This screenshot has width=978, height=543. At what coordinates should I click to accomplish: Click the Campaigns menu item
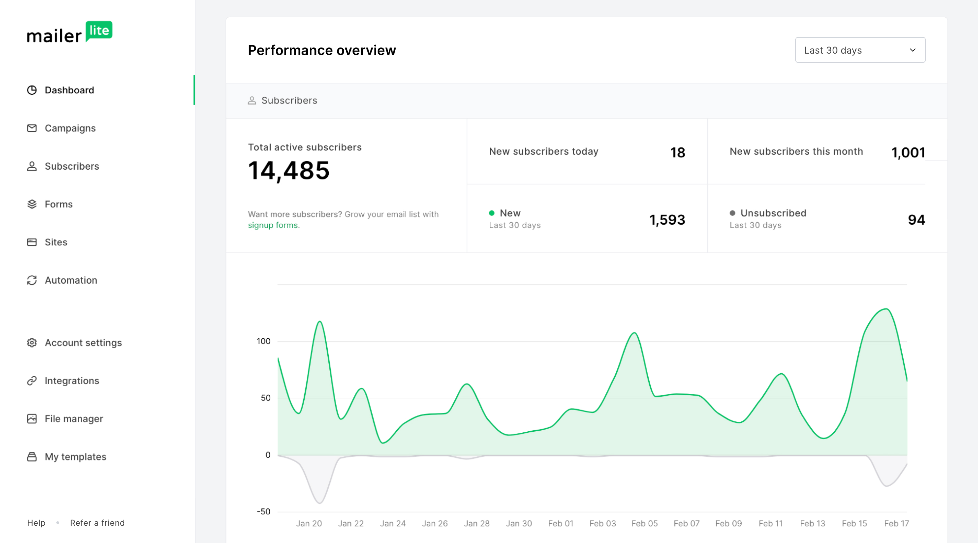tap(70, 128)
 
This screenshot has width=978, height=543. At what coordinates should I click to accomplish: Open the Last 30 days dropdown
tap(859, 50)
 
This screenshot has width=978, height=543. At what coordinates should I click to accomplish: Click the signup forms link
tap(273, 225)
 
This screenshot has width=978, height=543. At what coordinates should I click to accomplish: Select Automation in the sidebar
tap(71, 280)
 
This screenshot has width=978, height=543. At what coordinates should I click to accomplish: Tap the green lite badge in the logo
tap(99, 30)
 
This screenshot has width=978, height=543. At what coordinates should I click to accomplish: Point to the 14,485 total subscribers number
tap(289, 170)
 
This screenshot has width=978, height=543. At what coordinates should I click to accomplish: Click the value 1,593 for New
tap(667, 220)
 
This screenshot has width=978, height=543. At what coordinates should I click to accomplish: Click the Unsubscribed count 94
tap(916, 220)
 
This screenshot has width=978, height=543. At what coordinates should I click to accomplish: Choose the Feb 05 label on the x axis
tap(644, 523)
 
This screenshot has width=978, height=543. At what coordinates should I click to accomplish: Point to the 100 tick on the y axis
tap(264, 341)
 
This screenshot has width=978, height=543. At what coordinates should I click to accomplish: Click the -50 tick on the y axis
tap(264, 511)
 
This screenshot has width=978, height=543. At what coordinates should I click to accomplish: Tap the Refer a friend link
tap(97, 523)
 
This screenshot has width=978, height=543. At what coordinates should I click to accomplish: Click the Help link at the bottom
tap(36, 523)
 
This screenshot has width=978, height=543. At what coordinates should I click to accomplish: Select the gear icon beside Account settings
tap(32, 343)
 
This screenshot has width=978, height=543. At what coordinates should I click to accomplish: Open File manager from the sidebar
tap(74, 418)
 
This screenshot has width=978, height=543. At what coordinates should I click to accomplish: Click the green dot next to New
tap(492, 213)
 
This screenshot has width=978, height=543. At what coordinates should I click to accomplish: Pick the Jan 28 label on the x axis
tap(476, 523)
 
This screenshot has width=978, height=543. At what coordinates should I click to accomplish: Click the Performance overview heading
tap(322, 50)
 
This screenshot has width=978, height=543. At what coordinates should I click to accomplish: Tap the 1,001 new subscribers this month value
tap(908, 152)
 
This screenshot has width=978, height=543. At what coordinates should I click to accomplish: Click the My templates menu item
tap(75, 456)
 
